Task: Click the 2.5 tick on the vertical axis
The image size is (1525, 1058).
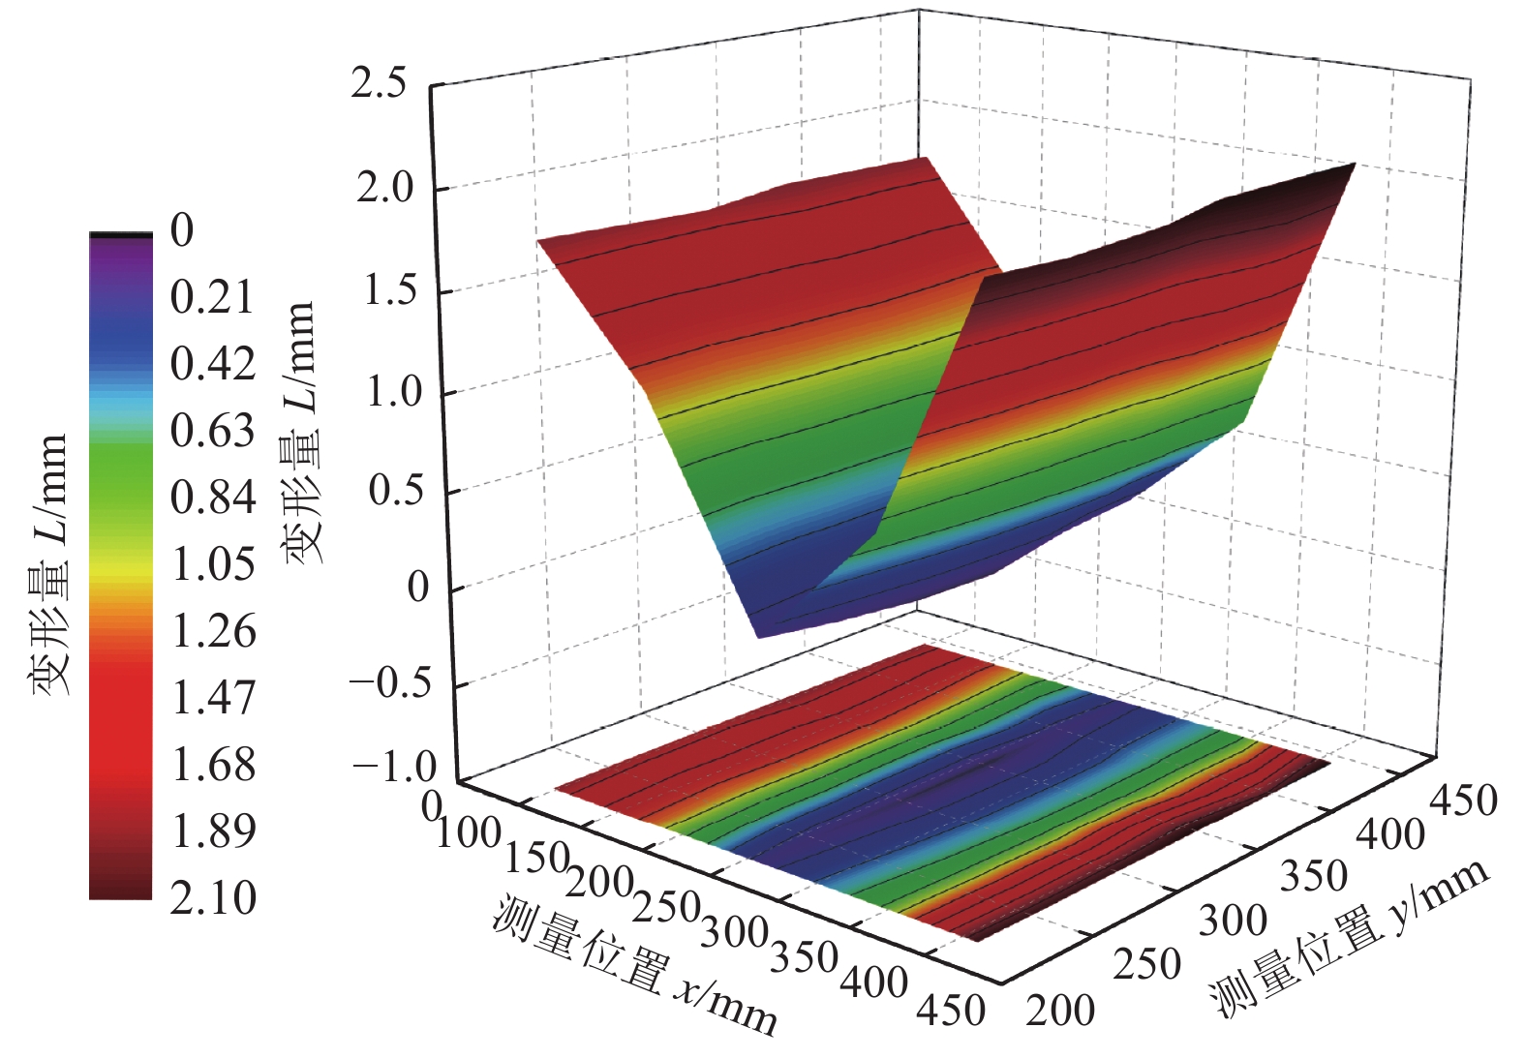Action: (379, 85)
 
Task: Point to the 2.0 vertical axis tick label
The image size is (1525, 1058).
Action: (383, 188)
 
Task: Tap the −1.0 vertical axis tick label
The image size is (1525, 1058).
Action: (394, 770)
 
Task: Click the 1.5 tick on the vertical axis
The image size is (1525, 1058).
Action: (390, 290)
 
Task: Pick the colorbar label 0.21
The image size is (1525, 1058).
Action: (212, 297)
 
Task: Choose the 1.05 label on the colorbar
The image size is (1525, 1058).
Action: (213, 564)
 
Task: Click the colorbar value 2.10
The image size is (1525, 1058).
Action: (213, 898)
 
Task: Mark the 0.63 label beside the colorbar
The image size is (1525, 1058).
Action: (212, 431)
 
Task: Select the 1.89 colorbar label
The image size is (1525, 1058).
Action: (213, 831)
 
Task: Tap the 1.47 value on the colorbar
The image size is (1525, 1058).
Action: (213, 698)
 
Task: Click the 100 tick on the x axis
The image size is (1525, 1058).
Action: (469, 832)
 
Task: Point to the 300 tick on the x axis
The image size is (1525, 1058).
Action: (734, 933)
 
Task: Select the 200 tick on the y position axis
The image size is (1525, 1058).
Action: (1061, 1011)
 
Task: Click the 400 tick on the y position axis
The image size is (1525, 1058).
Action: (1389, 834)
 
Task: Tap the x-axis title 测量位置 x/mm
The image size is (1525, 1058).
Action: (634, 966)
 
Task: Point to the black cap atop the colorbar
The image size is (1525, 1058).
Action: (121, 234)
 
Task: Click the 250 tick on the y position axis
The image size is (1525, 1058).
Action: (1146, 965)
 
